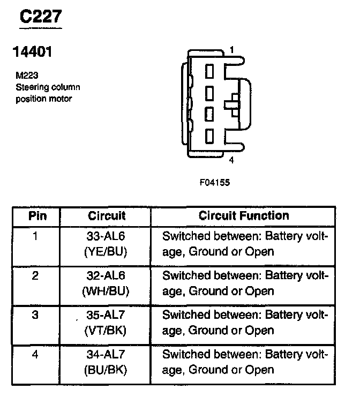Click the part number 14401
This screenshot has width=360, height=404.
pos(32,53)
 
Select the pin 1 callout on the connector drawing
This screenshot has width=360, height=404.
pos(231,50)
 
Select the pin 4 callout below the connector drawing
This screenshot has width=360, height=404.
pos(231,160)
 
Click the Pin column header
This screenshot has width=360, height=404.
pos(37,216)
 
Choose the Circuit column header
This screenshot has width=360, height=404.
pos(107,216)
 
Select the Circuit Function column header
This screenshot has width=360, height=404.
pos(244,216)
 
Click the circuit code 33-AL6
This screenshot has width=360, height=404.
pos(106,235)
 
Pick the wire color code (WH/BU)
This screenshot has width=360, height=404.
pos(106,291)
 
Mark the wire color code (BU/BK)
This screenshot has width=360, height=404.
pos(106,370)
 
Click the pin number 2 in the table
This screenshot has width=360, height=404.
pos(35,275)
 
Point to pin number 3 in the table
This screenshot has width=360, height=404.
pos(35,315)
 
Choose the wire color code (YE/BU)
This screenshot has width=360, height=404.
pos(106,251)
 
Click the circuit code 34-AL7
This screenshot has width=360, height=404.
pos(106,354)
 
